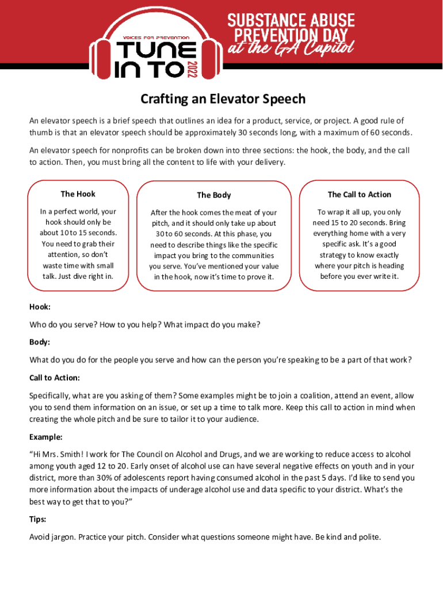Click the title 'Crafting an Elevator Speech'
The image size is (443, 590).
point(223,99)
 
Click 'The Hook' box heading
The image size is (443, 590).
point(78,194)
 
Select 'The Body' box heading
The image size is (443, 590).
point(213,195)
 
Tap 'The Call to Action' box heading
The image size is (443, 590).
point(359,195)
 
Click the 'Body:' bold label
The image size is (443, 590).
point(40,342)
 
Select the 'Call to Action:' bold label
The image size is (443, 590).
point(55,378)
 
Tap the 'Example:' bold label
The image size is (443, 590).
point(46,437)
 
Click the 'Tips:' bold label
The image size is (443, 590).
point(38,519)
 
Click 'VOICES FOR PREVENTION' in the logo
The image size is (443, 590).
point(156,37)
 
